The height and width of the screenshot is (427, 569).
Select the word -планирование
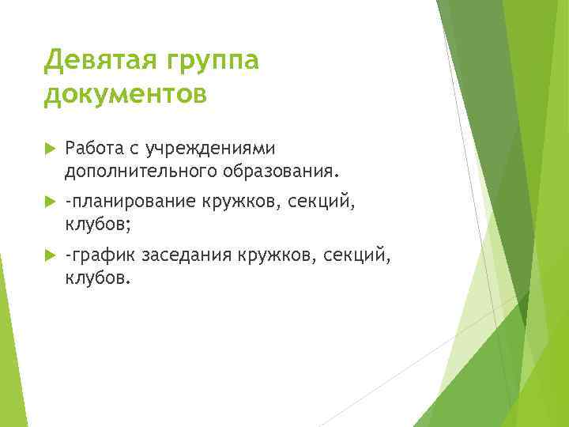coord(130,202)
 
